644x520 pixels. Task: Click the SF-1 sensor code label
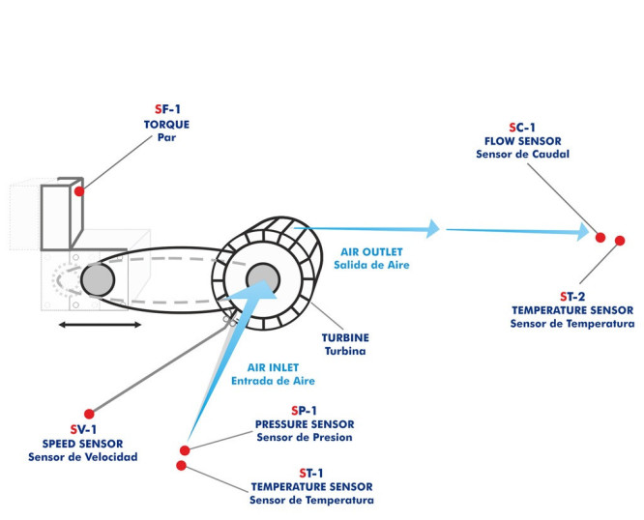pos(168,109)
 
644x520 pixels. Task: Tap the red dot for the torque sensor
pos(79,192)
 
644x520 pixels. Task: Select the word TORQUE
pos(168,124)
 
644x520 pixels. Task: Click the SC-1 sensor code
pos(522,128)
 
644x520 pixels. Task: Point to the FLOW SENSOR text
pos(522,141)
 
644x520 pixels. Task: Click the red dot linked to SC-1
pos(600,237)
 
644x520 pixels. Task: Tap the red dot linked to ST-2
pos(620,241)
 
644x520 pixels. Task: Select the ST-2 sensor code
pos(572,296)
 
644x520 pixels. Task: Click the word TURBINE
pos(345,338)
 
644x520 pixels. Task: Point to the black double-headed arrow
pos(100,325)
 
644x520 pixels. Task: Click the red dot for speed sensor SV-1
pos(89,414)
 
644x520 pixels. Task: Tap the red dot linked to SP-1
pos(185,449)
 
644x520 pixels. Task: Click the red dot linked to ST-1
pos(182,466)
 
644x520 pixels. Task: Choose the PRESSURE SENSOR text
pos(305,424)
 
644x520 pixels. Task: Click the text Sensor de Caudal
pos(522,155)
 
